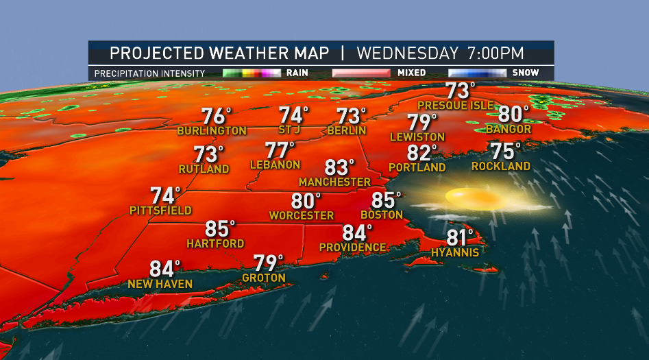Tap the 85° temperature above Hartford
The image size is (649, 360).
click(x=220, y=229)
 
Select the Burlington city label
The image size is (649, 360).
click(x=211, y=130)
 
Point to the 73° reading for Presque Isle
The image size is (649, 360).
click(x=460, y=91)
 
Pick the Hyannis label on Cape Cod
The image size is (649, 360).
click(x=455, y=252)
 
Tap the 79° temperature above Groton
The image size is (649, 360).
click(x=268, y=263)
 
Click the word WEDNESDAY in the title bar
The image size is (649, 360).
click(x=407, y=53)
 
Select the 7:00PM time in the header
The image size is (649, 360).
click(x=495, y=53)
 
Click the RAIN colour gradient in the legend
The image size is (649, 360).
click(x=252, y=73)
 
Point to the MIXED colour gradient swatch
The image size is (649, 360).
click(x=361, y=73)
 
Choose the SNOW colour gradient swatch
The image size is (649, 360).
click(x=477, y=73)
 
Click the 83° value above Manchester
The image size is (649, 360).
click(x=339, y=167)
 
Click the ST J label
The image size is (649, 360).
click(x=292, y=130)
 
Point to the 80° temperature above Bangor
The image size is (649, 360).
click(x=513, y=114)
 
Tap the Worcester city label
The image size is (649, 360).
click(x=301, y=215)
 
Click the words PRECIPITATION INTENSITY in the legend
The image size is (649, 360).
click(x=149, y=73)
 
